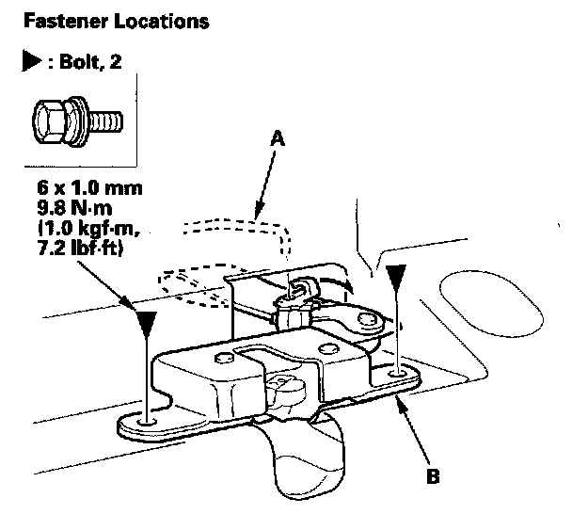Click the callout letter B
[x=432, y=476]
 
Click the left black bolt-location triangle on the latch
[x=145, y=326]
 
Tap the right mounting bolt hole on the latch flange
[x=399, y=376]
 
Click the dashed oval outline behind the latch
[x=192, y=281]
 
